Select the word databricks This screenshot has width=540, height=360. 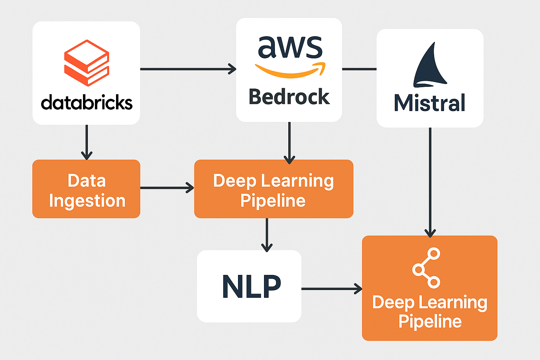click(86, 103)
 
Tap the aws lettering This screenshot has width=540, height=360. click(290, 47)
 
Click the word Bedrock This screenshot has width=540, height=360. click(289, 97)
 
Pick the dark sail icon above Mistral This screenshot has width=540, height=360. click(430, 66)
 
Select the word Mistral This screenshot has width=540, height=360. click(430, 103)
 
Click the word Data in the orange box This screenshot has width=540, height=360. click(86, 181)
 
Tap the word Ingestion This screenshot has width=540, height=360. click(87, 201)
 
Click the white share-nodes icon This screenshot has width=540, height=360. click(426, 268)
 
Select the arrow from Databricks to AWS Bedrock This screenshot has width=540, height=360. click(188, 69)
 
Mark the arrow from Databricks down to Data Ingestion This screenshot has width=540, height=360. click(86, 142)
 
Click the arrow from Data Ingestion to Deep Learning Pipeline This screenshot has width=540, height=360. click(167, 188)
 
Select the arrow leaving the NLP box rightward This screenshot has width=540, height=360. click(331, 289)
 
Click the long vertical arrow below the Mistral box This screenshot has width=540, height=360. click(430, 181)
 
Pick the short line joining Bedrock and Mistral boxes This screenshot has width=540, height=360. click(359, 69)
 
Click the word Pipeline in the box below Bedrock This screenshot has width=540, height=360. click(273, 201)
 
